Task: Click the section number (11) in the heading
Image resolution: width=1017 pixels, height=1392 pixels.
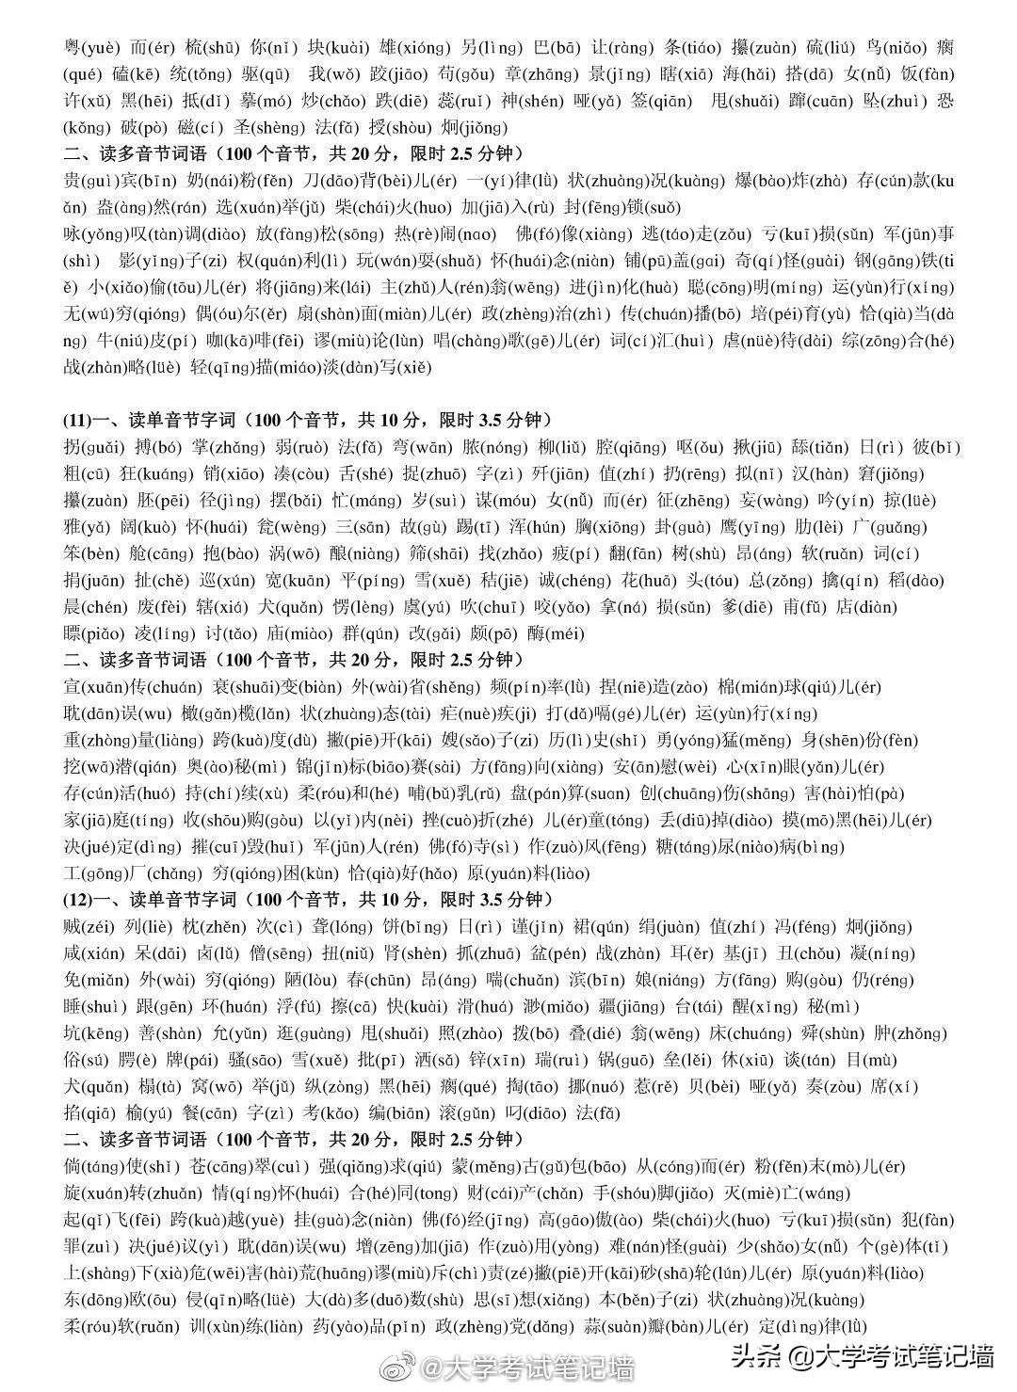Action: click(77, 420)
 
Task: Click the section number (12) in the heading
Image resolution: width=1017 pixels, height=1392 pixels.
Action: click(77, 899)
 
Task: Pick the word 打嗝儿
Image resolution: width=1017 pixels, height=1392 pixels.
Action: click(630, 713)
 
